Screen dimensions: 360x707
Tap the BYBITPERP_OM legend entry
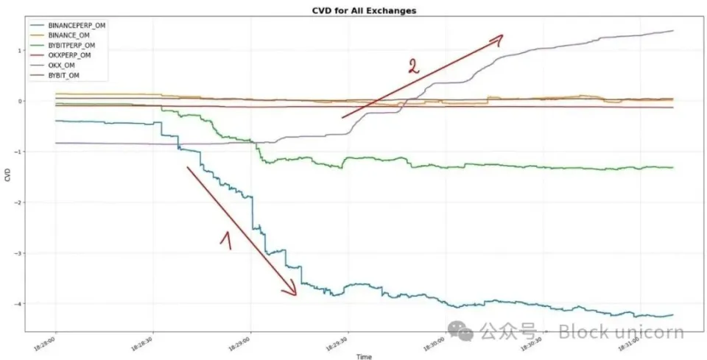[75, 45]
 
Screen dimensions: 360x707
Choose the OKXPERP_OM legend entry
[72, 54]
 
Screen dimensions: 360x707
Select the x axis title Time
[363, 356]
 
